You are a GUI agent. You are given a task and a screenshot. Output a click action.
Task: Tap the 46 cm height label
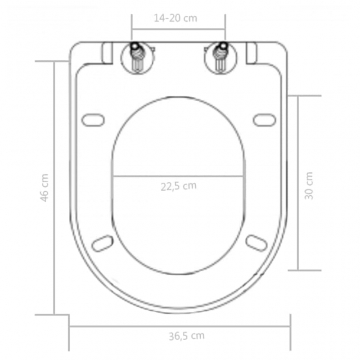[x=44, y=188]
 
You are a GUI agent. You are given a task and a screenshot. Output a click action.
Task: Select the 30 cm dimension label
[x=309, y=186]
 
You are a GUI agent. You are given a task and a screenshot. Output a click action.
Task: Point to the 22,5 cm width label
[x=179, y=186]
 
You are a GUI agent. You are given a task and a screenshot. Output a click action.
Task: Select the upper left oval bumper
[x=93, y=120]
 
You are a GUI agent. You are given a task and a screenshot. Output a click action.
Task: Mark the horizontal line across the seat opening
[x=179, y=175]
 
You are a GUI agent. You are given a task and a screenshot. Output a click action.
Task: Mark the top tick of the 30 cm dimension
[x=305, y=96]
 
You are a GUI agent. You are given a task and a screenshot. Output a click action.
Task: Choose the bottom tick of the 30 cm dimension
[x=305, y=270]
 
